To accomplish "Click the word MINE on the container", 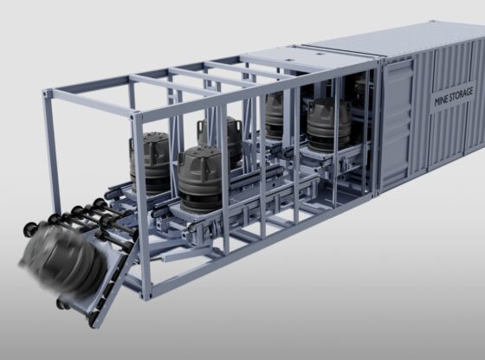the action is (442, 100).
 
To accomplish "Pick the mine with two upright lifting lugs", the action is (220, 139).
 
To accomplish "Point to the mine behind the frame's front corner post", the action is (149, 163).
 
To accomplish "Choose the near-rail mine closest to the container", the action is (329, 125).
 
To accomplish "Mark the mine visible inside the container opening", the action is (363, 93).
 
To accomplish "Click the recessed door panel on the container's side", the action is (398, 126).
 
